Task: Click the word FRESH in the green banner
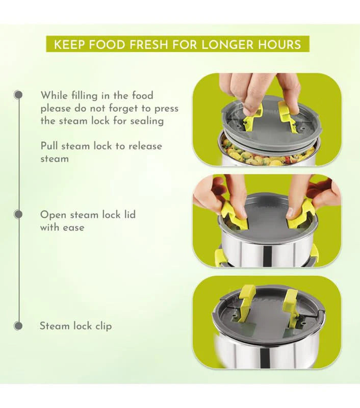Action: point(148,44)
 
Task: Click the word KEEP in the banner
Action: point(69,44)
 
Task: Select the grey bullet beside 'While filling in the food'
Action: point(18,94)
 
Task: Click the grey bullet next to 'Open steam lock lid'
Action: point(18,214)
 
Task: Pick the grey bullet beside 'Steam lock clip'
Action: point(18,325)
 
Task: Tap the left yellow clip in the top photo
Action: point(252,116)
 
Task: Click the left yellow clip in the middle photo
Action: point(233,214)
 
